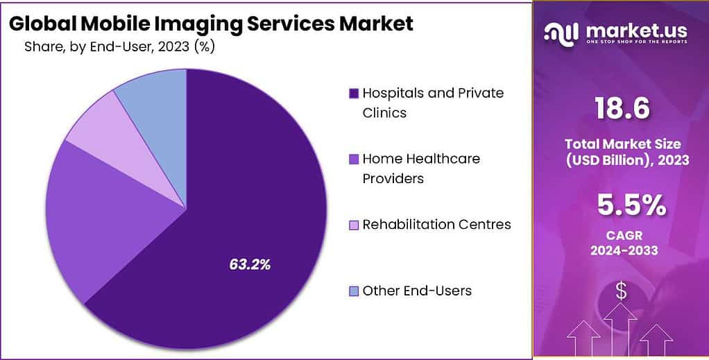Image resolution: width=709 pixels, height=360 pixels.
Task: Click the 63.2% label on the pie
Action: click(x=250, y=264)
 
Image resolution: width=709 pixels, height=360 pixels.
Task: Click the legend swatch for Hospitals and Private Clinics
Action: click(x=354, y=93)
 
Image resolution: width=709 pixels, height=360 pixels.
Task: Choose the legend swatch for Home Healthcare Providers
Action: click(x=354, y=159)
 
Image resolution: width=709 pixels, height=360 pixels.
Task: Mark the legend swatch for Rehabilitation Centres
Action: click(x=354, y=225)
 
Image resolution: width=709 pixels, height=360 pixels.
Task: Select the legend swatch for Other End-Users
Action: click(x=354, y=291)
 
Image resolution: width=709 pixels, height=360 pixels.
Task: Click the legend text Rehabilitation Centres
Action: click(x=436, y=225)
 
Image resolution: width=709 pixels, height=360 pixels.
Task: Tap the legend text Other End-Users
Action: click(x=417, y=291)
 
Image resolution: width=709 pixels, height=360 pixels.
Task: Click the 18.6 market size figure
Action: click(x=621, y=108)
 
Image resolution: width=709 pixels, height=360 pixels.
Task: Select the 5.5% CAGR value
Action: click(x=621, y=206)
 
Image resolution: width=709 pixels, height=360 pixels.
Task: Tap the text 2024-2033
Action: click(x=621, y=250)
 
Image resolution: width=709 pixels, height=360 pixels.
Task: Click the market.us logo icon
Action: click(x=561, y=33)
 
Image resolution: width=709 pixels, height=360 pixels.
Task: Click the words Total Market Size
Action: click(x=621, y=144)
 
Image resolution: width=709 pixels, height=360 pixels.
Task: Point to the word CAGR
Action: click(x=621, y=235)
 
